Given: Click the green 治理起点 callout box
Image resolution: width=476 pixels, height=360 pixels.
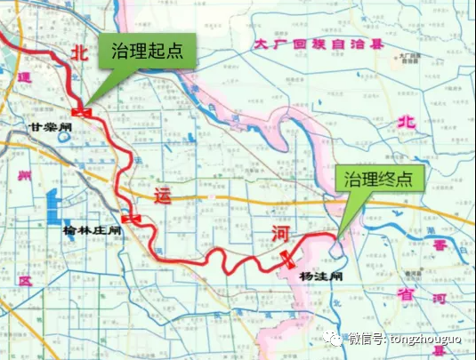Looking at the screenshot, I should click(x=147, y=51).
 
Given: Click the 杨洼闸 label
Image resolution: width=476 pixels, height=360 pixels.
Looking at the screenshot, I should click(x=317, y=276).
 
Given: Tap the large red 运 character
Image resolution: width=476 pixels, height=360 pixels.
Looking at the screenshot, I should click(x=160, y=195).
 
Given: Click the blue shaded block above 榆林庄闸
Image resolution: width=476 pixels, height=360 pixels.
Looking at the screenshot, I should click(x=53, y=204).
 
